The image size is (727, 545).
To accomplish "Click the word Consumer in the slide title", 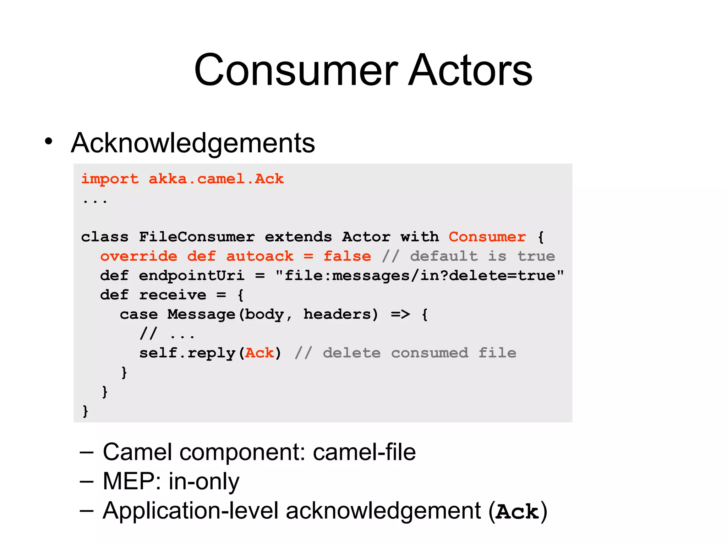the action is click(296, 70).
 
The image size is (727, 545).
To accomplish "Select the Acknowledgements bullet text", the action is click(193, 143).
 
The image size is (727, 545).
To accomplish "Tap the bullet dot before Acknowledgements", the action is click(49, 141).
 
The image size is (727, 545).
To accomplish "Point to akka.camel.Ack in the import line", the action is click(216, 179).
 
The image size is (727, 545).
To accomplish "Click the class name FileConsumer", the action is click(197, 237).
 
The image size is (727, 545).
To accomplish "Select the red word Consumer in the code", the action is click(487, 237).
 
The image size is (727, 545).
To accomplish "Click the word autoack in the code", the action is click(259, 256).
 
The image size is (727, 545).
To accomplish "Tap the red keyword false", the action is click(347, 256).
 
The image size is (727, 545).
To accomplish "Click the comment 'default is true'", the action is click(482, 256).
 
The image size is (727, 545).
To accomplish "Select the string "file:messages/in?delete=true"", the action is click(420, 276).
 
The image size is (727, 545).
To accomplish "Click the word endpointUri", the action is click(191, 276).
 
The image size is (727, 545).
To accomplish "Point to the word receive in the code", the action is click(172, 295).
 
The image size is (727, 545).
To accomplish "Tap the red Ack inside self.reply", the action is click(259, 353).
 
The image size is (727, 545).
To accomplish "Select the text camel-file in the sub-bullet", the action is click(364, 452).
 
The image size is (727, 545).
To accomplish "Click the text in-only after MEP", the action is click(204, 481).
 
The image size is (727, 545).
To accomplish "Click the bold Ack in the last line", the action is click(517, 512).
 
